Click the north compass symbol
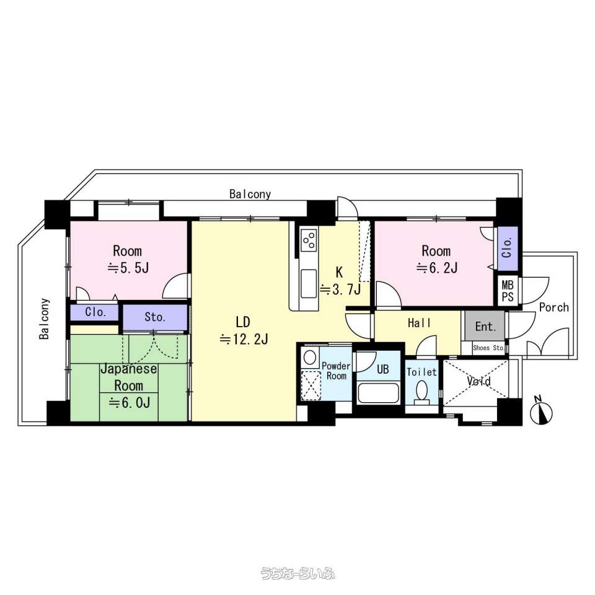coord(542,412)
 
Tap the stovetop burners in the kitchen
coord(309,240)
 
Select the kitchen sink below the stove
coord(309,283)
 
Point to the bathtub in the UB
coord(378,393)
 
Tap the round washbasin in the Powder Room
coord(310,358)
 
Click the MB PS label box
coord(508,291)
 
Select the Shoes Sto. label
coord(488,348)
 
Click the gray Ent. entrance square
coord(485,326)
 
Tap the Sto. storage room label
coord(155,317)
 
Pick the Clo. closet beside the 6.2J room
coord(508,249)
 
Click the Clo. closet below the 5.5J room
coord(95,312)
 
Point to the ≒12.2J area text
coord(244,339)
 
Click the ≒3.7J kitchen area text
coord(340,289)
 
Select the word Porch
coord(554,307)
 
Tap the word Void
coord(479,381)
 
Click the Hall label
coord(420,324)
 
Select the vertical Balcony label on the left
coord(45,319)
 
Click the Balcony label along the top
coord(250,195)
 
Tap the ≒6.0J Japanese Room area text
coord(130,403)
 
